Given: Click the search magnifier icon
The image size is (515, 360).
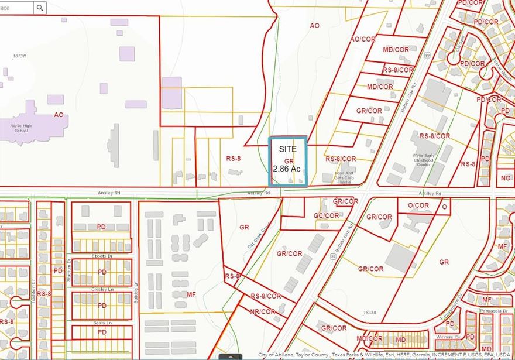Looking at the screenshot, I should click(40, 8).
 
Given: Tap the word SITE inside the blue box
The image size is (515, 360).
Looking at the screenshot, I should click(287, 149).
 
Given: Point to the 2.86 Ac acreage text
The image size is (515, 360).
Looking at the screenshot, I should click(287, 169).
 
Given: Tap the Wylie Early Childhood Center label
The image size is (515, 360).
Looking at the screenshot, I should click(426, 159).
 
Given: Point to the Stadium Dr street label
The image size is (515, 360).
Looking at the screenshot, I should click(68, 270).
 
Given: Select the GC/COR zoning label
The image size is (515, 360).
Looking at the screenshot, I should click(326, 215).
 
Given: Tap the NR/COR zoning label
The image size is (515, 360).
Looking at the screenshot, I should click(262, 311).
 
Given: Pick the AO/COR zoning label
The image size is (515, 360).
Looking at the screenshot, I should click(363, 39).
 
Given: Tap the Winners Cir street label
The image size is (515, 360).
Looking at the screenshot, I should click(448, 338).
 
